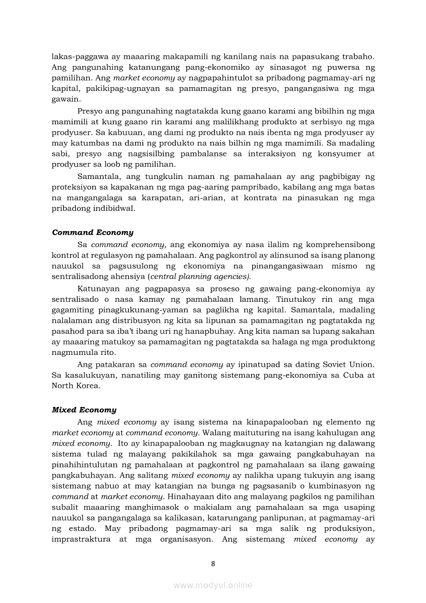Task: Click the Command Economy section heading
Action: pyautogui.click(x=92, y=233)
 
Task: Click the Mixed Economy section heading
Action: pyautogui.click(x=84, y=410)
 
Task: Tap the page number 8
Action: pyautogui.click(x=213, y=563)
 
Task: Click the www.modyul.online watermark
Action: pyautogui.click(x=213, y=585)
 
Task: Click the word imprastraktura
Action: pyautogui.click(x=80, y=540)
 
